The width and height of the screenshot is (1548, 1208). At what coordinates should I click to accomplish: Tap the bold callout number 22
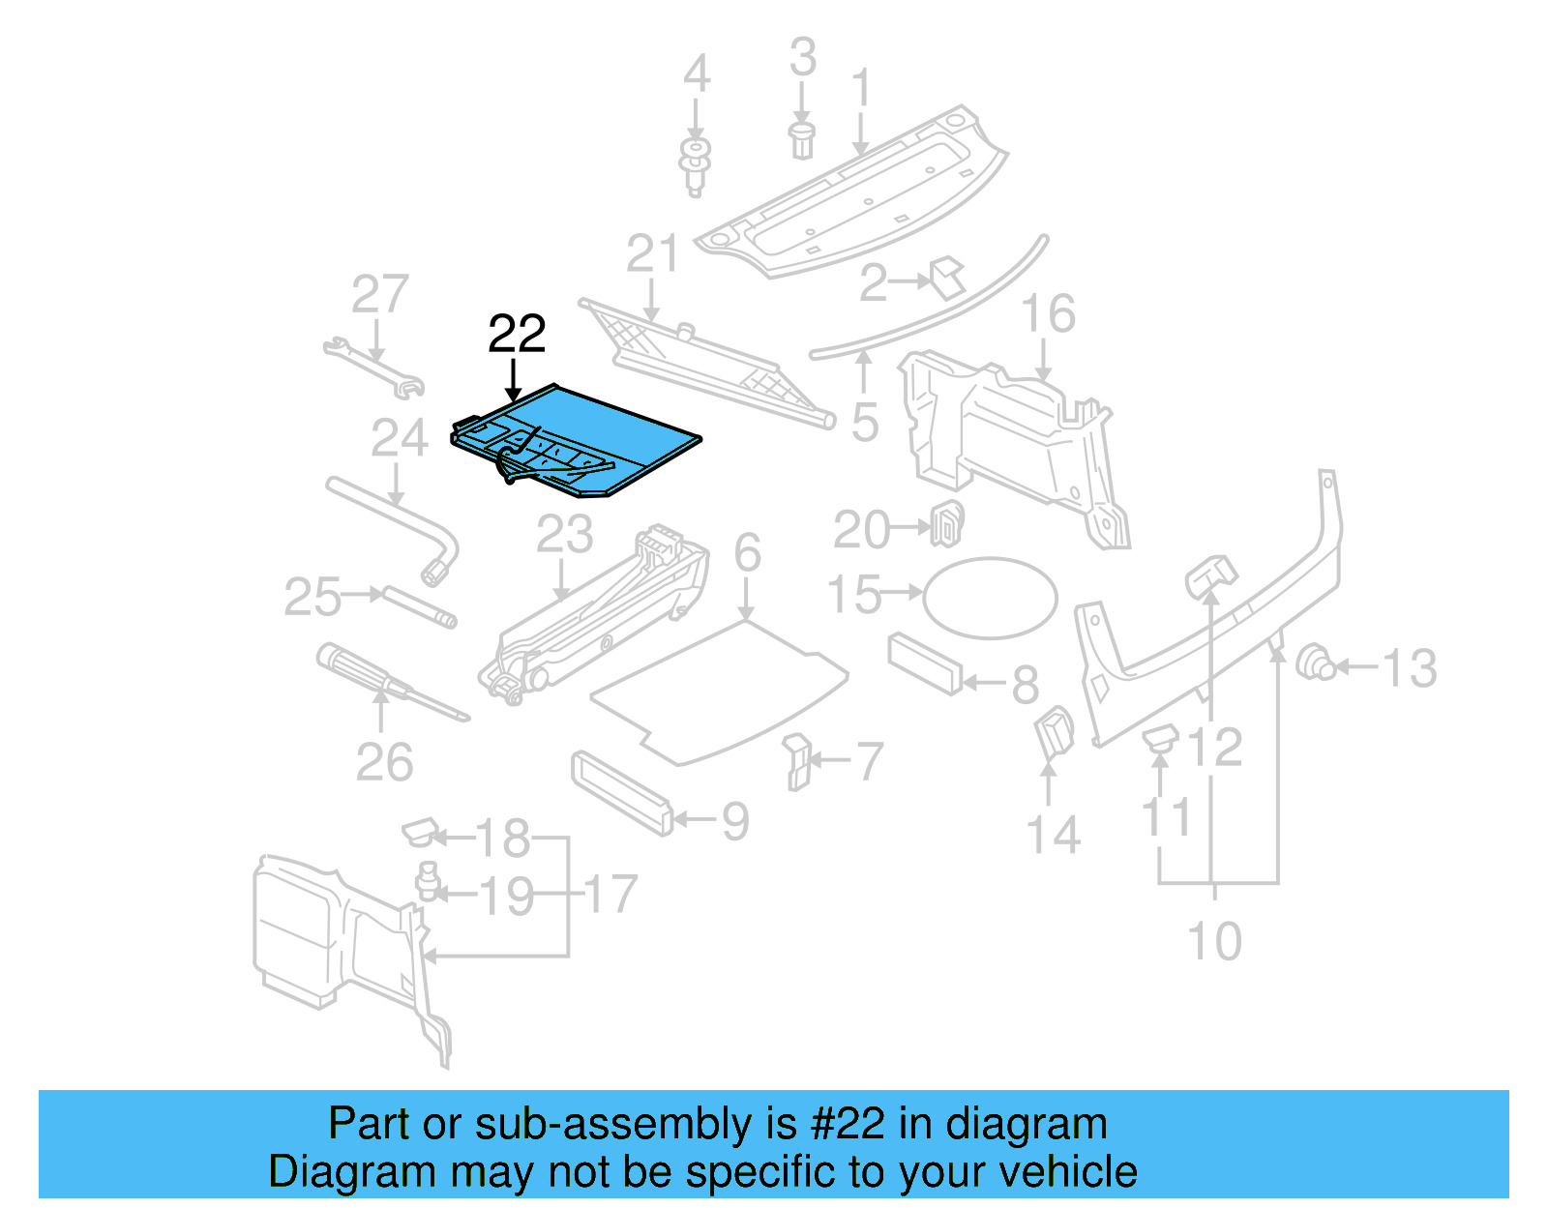[517, 335]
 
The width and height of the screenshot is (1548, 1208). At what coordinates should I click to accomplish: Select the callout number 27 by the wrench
[379, 294]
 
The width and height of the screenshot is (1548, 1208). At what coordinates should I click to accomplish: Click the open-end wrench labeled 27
[372, 368]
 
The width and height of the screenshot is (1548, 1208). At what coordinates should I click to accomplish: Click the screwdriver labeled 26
[387, 682]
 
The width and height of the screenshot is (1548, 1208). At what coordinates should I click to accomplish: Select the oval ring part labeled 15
[990, 598]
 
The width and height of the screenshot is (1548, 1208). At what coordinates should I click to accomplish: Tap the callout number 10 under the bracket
[1214, 941]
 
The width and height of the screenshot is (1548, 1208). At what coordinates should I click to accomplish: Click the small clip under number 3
[801, 140]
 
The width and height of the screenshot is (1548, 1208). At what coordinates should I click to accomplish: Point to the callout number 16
[1048, 314]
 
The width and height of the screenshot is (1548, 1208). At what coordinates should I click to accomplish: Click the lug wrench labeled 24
[397, 522]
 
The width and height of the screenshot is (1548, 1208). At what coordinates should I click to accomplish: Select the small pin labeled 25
[419, 606]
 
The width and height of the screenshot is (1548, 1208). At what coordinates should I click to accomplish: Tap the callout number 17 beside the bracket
[610, 895]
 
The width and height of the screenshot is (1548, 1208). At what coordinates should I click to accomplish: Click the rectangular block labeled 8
[925, 663]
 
